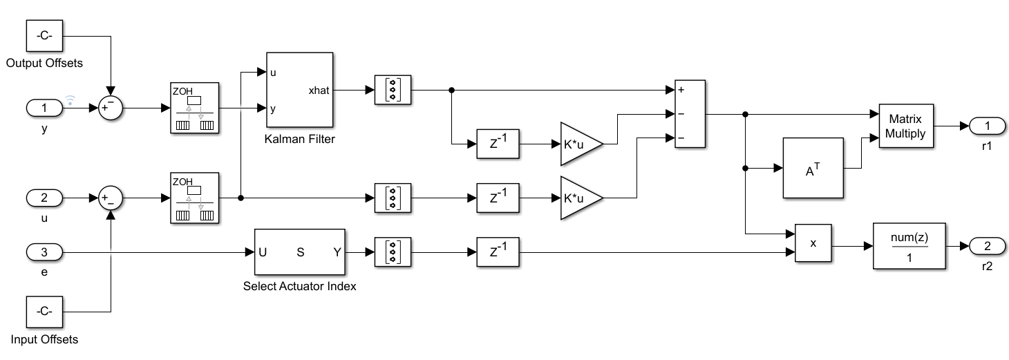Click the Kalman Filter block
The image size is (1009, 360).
pyautogui.click(x=299, y=89)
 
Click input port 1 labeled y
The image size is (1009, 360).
pyautogui.click(x=44, y=108)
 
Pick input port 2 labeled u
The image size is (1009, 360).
pyautogui.click(x=44, y=198)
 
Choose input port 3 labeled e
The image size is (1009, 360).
pyautogui.click(x=44, y=252)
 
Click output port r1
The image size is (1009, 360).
pyautogui.click(x=987, y=126)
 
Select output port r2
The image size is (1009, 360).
pyautogui.click(x=987, y=245)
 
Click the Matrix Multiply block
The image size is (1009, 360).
pyautogui.click(x=907, y=126)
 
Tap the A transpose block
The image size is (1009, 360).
pyautogui.click(x=813, y=168)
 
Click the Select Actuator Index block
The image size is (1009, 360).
pyautogui.click(x=300, y=252)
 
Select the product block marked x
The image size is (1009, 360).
pyautogui.click(x=813, y=243)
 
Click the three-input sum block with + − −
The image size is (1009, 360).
pyautogui.click(x=689, y=114)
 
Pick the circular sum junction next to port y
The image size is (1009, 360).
pyautogui.click(x=109, y=108)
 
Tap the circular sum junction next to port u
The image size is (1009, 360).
pyautogui.click(x=109, y=198)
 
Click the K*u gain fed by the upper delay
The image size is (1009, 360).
pyautogui.click(x=581, y=144)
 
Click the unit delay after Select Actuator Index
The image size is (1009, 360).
pyautogui.click(x=498, y=252)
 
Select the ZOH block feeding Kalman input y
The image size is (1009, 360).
pyautogui.click(x=194, y=108)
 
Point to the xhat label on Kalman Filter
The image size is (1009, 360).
pyautogui.click(x=319, y=90)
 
